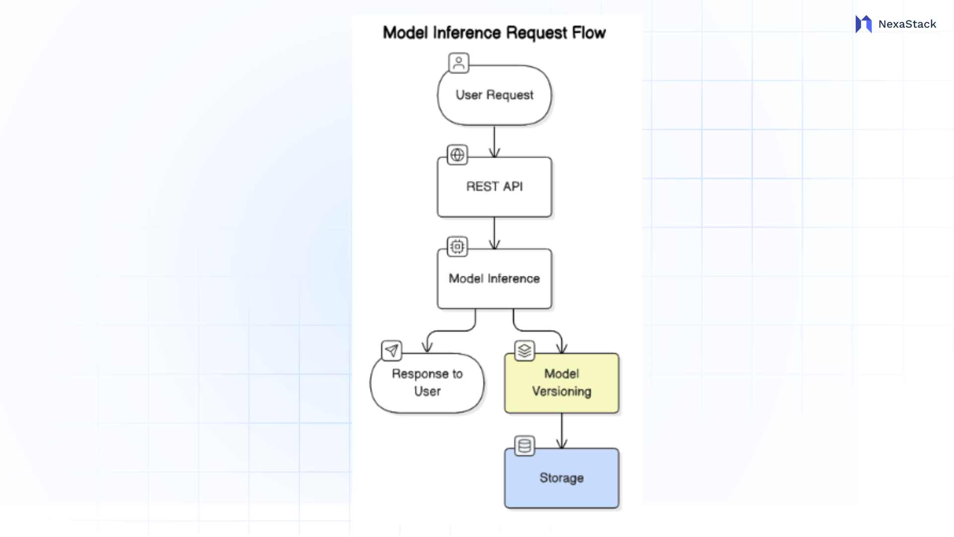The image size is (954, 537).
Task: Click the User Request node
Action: tap(494, 95)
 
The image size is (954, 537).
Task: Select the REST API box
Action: tap(494, 187)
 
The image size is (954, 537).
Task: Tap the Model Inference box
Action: tap(494, 278)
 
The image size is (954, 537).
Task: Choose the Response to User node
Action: tap(427, 383)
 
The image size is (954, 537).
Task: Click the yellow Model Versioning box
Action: tap(561, 383)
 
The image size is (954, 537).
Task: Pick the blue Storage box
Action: tap(561, 478)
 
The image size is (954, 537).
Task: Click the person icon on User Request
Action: tap(459, 63)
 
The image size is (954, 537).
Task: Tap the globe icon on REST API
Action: tap(457, 155)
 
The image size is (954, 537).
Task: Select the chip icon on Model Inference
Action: tap(457, 246)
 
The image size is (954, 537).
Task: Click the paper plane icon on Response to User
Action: tap(392, 351)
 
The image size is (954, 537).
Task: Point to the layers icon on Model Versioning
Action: tap(524, 351)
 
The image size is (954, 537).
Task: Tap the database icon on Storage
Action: tap(524, 446)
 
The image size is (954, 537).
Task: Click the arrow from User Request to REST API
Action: tap(494, 141)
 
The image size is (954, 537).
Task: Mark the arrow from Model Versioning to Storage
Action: tap(561, 431)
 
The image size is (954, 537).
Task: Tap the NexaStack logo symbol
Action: tap(864, 24)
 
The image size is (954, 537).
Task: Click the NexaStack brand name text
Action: tap(907, 24)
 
